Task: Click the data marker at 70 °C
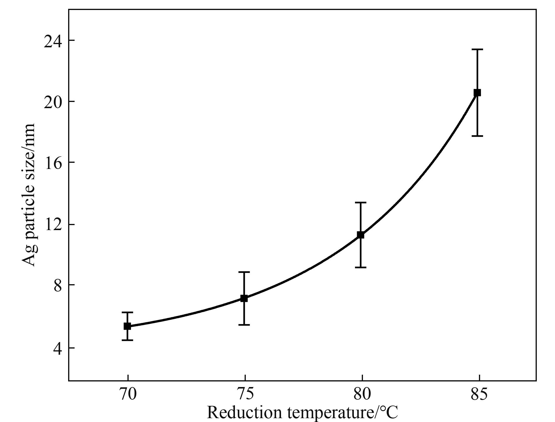127,326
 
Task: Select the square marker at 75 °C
244,298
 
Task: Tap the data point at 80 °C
361,235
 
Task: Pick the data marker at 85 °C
477,93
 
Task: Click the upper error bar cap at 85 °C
477,49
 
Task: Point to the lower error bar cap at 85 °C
477,136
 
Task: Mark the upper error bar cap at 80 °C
361,202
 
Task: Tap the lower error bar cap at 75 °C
244,325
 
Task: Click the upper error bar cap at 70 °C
127,312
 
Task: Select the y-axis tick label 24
53,41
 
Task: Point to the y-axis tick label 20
53,102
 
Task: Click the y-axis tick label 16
53,163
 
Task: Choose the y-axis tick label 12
53,225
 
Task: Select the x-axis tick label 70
128,394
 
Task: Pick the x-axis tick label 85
479,394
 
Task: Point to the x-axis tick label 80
362,394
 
